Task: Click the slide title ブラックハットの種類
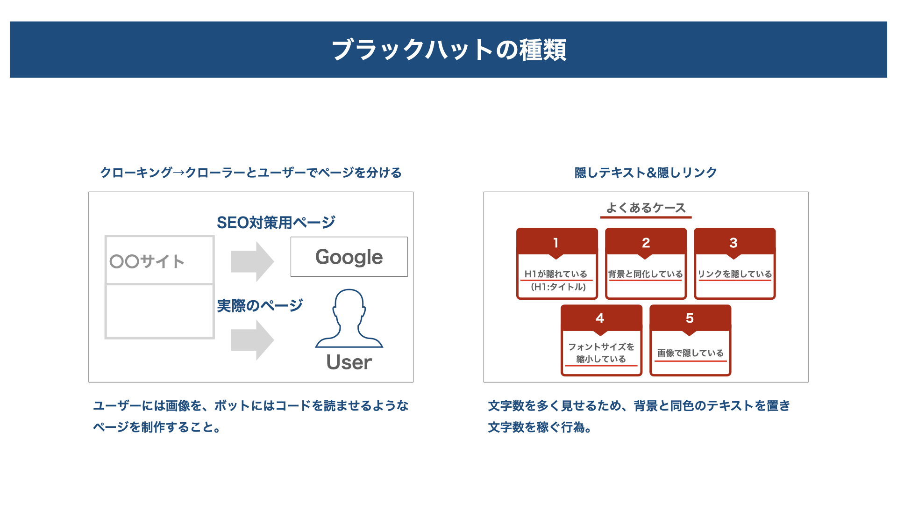pos(448,50)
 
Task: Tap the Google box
pos(349,257)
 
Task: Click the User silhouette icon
pos(349,318)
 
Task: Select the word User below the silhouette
pos(349,362)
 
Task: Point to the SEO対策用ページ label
pos(276,223)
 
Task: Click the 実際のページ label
pos(260,306)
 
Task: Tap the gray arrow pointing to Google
pos(252,261)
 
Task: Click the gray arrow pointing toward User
pos(252,340)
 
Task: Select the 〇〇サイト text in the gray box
pos(147,261)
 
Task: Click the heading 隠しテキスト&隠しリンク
pos(646,173)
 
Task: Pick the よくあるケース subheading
pos(646,208)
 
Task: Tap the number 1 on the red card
pos(556,243)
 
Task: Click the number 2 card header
pos(646,242)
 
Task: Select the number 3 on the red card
pos(733,243)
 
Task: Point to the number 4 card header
pos(601,318)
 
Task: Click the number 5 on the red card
pos(690,318)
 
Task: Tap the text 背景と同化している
pos(646,274)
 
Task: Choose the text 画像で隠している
pos(691,353)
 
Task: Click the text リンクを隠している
pos(735,274)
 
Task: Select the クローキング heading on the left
pos(251,173)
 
